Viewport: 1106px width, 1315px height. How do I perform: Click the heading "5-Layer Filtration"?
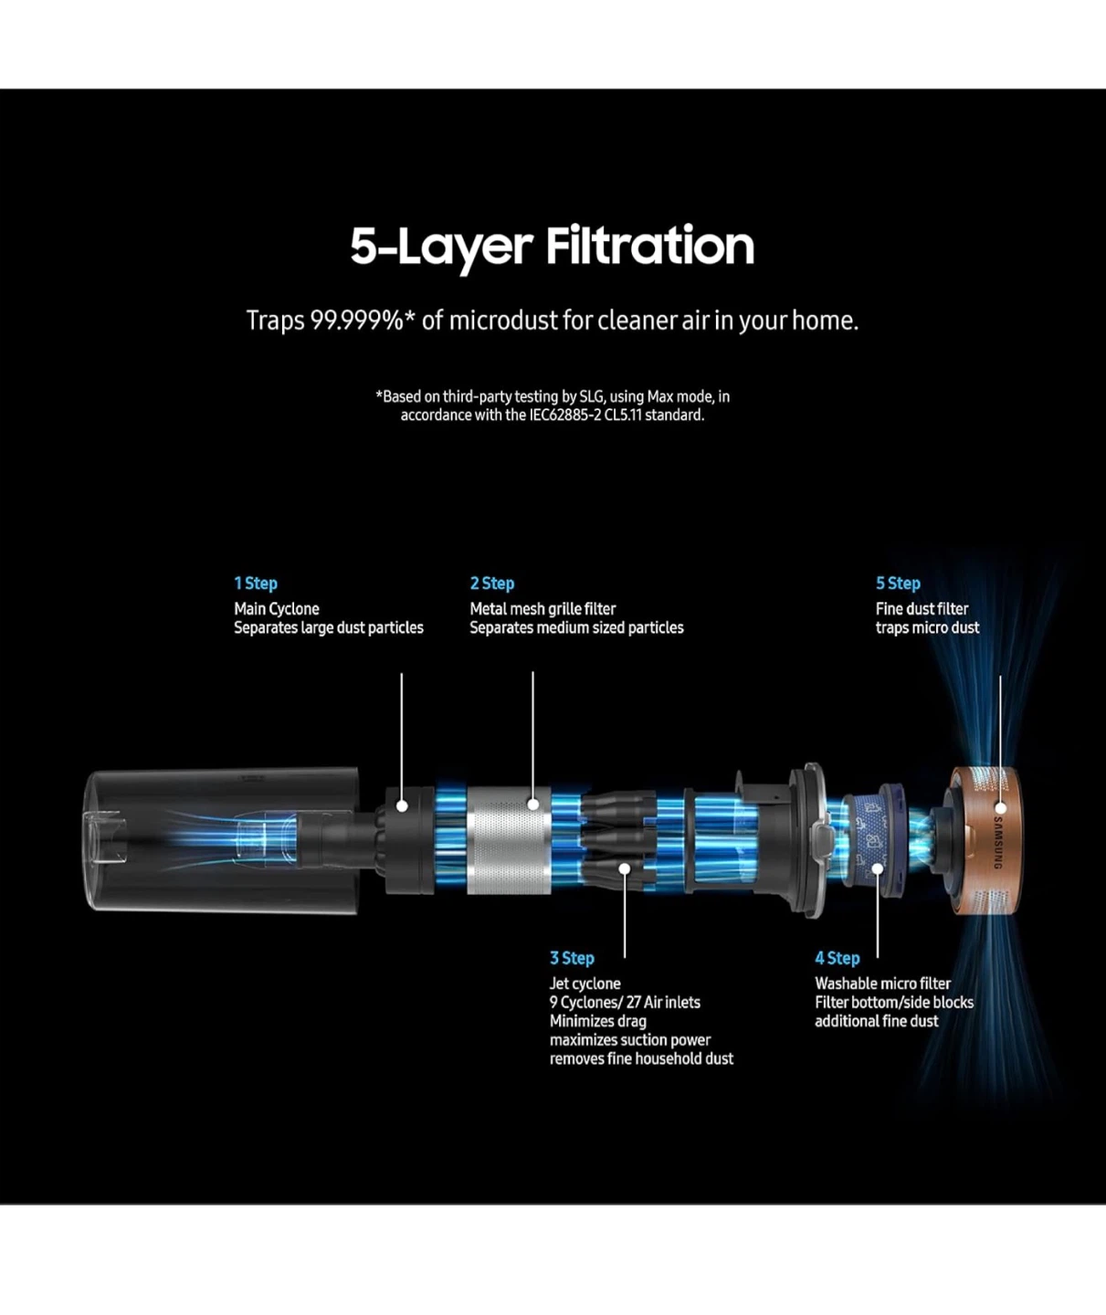pyautogui.click(x=553, y=247)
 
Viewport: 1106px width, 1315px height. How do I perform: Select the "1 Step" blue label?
pyautogui.click(x=256, y=584)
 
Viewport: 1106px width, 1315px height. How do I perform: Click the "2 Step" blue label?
pyautogui.click(x=492, y=584)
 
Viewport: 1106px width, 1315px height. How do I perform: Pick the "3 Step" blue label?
pyautogui.click(x=572, y=958)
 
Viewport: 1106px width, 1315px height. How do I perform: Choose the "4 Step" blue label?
pyautogui.click(x=837, y=958)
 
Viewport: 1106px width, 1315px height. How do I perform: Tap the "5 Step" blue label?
pyautogui.click(x=898, y=584)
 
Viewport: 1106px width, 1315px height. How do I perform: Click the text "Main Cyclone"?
pyautogui.click(x=277, y=609)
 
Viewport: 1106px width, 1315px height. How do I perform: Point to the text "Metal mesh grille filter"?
pyautogui.click(x=542, y=609)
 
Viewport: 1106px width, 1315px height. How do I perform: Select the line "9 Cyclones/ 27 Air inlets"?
pyautogui.click(x=625, y=1002)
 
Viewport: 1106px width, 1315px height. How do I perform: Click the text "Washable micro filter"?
pyautogui.click(x=883, y=984)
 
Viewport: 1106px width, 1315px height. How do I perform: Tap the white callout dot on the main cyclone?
pyautogui.click(x=402, y=805)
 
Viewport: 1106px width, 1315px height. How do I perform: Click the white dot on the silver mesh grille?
pyautogui.click(x=532, y=805)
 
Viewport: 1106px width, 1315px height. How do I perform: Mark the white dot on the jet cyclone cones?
pyautogui.click(x=625, y=868)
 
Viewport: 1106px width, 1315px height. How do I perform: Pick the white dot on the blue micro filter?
pyautogui.click(x=878, y=869)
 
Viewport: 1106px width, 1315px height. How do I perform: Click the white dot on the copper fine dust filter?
pyautogui.click(x=1000, y=808)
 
